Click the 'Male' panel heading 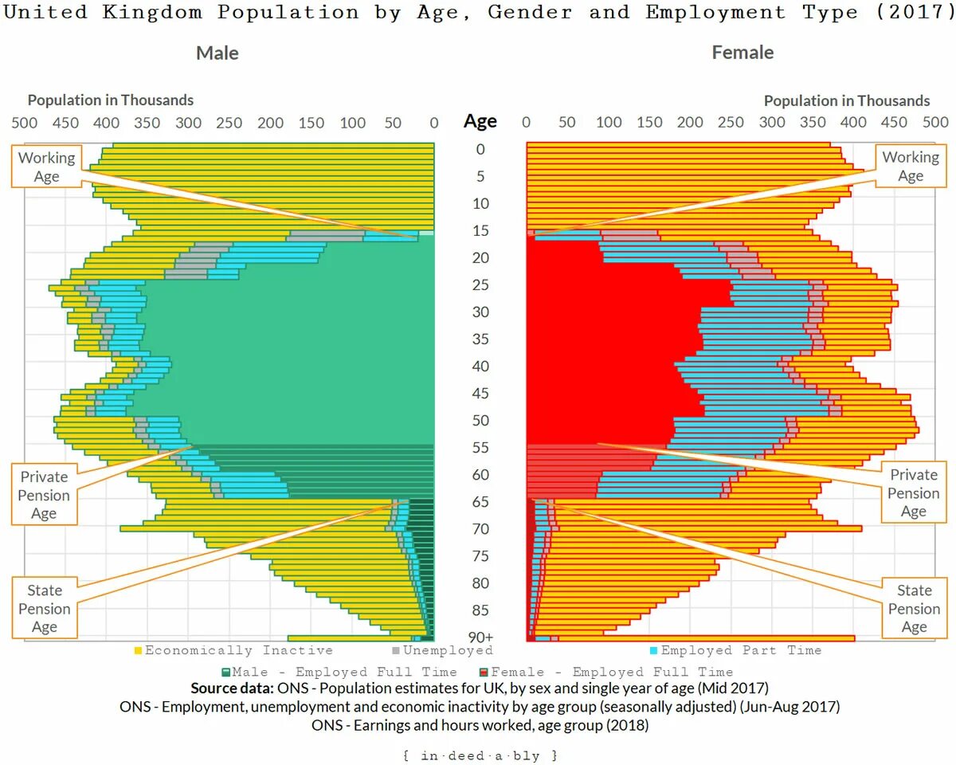217,53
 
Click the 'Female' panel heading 742,53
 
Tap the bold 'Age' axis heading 480,121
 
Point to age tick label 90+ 480,637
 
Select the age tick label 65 480,502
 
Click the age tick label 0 480,149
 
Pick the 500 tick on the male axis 25,123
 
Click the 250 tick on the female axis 731,123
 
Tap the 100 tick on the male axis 352,123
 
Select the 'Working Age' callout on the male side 46,167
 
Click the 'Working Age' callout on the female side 910,167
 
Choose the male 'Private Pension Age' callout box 44,495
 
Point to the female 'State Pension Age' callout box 914,608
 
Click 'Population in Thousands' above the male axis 111,100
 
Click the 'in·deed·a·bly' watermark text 480,755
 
